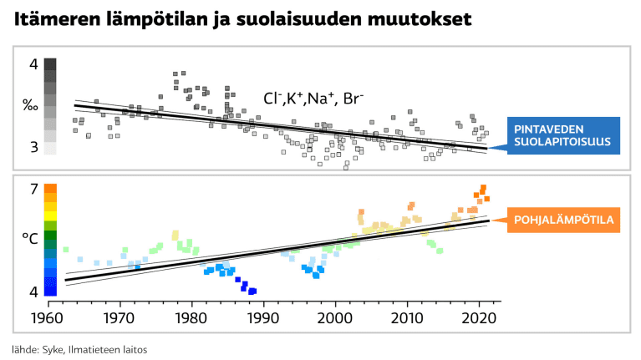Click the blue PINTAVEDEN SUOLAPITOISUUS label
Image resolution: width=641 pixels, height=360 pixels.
click(x=561, y=137)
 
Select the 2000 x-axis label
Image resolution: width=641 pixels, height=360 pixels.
click(x=335, y=319)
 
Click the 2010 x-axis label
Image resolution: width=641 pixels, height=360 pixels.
click(x=407, y=319)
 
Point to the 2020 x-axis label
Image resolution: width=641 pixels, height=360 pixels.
click(x=479, y=319)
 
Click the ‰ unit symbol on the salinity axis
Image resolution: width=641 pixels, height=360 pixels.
click(x=30, y=105)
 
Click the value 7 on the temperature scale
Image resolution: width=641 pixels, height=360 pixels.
click(x=33, y=190)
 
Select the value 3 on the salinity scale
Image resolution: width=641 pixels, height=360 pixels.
click(x=33, y=147)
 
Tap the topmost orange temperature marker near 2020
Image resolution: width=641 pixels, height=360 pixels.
click(x=483, y=188)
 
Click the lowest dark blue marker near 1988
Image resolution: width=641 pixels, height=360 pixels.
click(x=252, y=291)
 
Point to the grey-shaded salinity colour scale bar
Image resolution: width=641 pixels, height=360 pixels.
click(x=50, y=106)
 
